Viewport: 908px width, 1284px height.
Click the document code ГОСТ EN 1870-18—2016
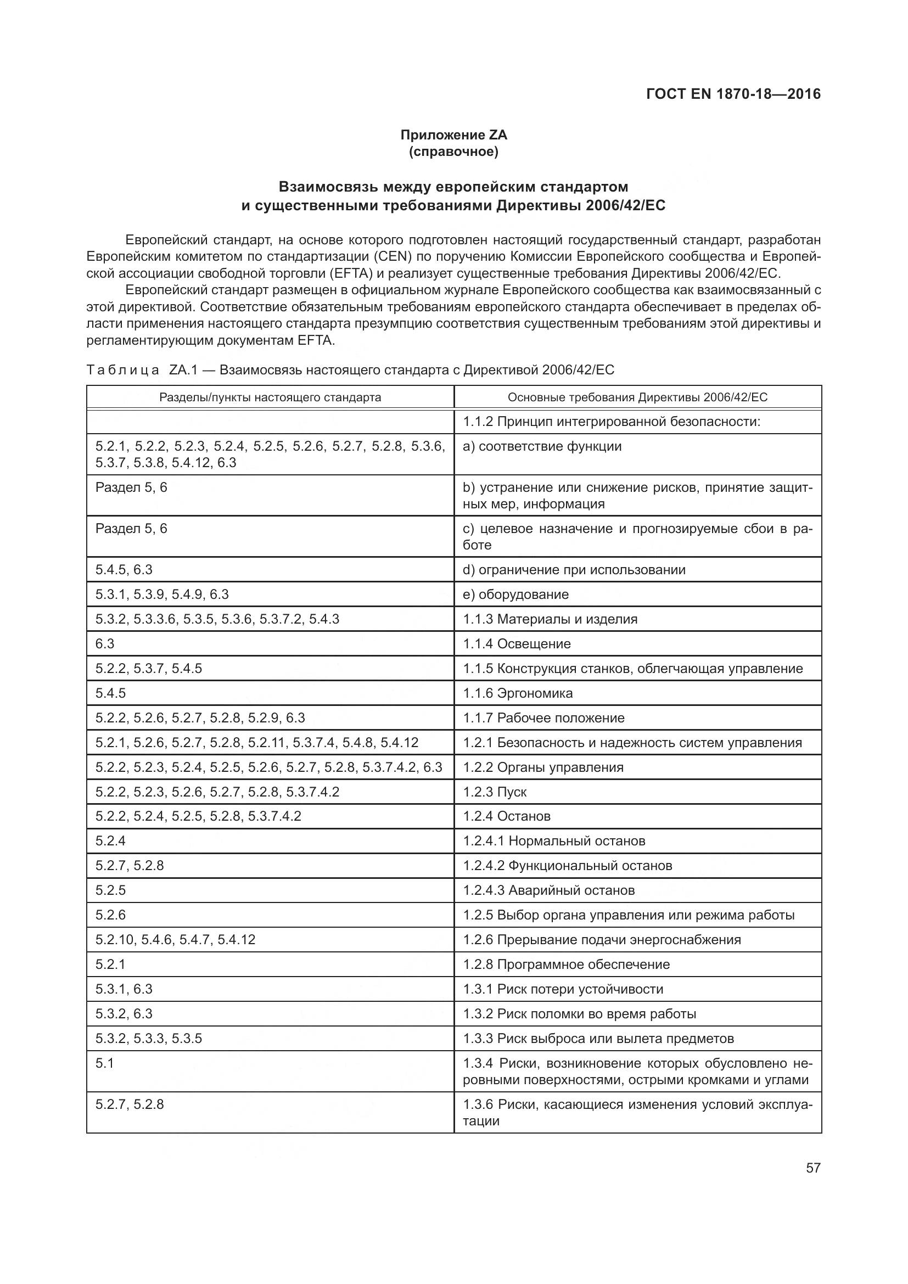733,94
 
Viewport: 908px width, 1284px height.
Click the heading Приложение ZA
453,135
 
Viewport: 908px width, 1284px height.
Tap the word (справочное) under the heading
453,152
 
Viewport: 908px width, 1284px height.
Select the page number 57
813,1168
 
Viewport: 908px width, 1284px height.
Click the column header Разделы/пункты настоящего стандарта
270,397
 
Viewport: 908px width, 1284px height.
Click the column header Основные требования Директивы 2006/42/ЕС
637,397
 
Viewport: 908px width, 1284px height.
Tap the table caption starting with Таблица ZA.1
350,369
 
